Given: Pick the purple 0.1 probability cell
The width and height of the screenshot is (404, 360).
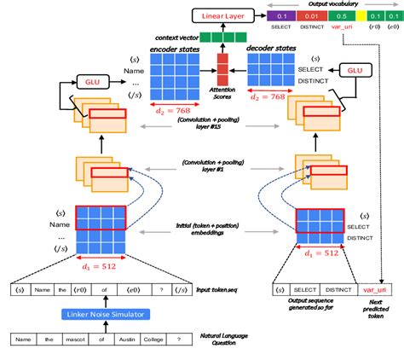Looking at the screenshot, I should (x=280, y=16).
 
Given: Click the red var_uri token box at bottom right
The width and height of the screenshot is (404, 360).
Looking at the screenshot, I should (x=376, y=289).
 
